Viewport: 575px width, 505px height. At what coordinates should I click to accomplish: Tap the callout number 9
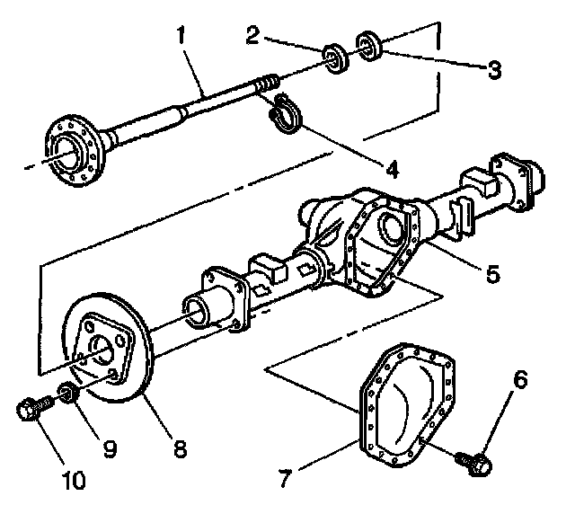coord(110,447)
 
